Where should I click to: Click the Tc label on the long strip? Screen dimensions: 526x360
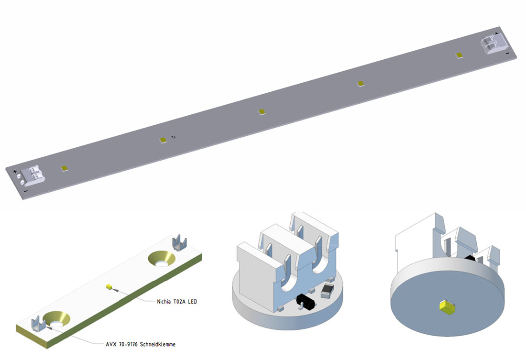[174, 137]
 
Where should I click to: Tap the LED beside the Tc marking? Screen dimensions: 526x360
[163, 140]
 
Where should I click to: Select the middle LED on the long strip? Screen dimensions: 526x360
[262, 112]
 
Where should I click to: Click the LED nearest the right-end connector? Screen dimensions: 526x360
[460, 55]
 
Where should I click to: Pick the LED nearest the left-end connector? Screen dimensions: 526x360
[65, 168]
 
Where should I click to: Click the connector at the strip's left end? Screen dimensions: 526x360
[32, 175]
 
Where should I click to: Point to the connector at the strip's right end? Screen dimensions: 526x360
[493, 44]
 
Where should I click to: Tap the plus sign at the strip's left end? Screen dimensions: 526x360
[15, 172]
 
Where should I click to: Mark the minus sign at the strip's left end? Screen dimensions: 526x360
[25, 191]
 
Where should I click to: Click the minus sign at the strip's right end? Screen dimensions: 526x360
[507, 53]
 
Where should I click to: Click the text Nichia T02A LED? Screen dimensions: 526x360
[177, 302]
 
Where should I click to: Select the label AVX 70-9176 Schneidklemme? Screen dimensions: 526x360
[141, 344]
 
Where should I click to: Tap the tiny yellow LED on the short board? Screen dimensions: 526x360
[109, 287]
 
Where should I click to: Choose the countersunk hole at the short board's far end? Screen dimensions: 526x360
[162, 259]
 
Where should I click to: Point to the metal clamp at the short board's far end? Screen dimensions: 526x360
[179, 243]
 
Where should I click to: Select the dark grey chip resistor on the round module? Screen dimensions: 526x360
[327, 291]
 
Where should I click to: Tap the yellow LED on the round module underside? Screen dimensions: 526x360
[447, 306]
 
